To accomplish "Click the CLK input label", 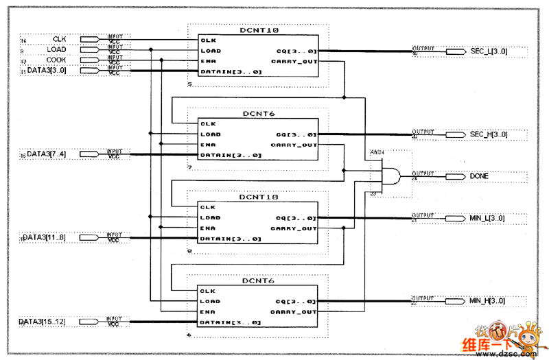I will coord(59,39).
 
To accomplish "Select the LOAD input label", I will coord(56,49).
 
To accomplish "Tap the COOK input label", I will coord(56,60).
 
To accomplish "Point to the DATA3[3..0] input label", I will coord(47,70).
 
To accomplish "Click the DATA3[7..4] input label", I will coord(47,154).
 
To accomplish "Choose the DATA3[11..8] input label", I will coord(44,238).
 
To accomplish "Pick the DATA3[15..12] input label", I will coord(41,322).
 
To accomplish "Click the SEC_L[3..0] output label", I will coord(489,51).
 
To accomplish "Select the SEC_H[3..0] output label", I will coord(489,134).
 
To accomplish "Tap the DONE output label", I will coord(480,176).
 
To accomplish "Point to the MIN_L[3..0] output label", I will coord(487,218).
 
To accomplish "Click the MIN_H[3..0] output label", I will coord(487,302).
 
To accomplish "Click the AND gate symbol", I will coord(390,176).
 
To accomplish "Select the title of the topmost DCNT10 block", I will coord(259,31).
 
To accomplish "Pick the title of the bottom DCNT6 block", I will coord(258,281).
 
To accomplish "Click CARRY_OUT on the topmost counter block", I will coord(294,61).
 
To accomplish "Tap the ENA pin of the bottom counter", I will coord(209,312).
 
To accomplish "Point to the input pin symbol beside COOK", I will coord(93,60).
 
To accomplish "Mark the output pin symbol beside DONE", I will coord(456,176).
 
